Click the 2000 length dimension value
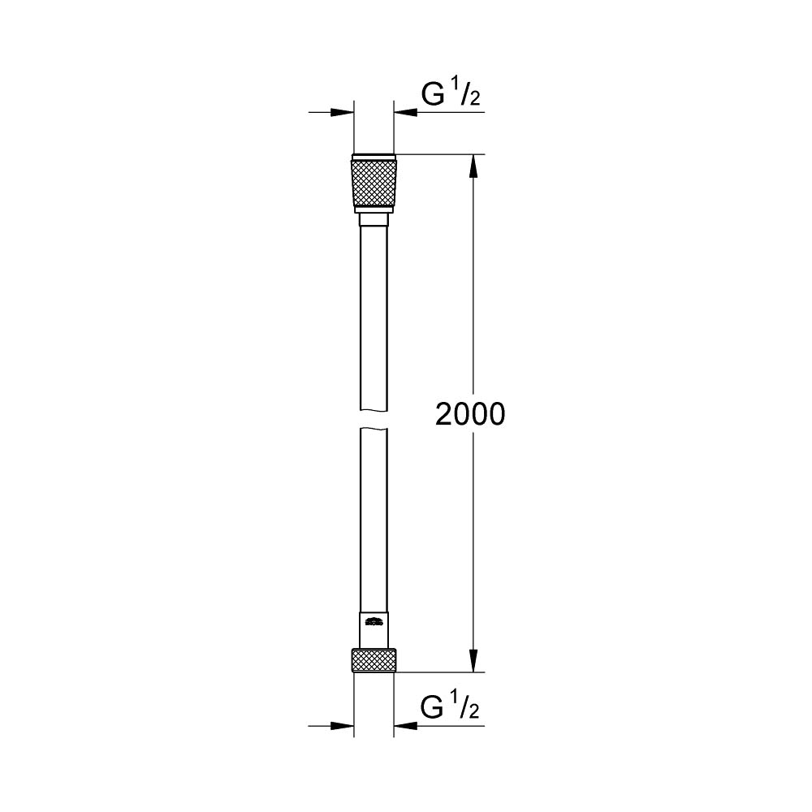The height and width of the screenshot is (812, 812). (470, 414)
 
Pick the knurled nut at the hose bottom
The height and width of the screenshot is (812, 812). (374, 660)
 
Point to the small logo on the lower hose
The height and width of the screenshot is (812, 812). (374, 623)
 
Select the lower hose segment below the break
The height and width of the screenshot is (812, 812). (374, 520)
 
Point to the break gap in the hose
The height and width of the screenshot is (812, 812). (374, 419)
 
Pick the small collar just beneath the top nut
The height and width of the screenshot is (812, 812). (374, 219)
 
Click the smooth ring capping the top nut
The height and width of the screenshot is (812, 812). (374, 157)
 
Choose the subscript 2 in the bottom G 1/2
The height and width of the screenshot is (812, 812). (474, 714)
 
